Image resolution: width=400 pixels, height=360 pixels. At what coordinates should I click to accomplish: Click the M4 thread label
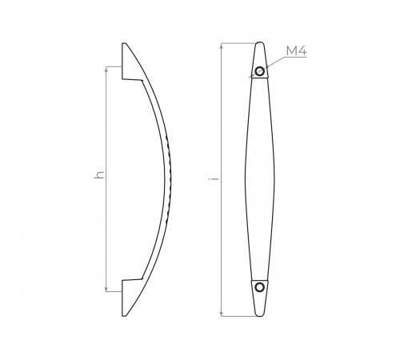coord(296,50)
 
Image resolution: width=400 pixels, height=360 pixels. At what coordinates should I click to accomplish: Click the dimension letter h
coord(99,175)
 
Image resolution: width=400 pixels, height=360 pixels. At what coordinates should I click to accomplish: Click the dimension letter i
coord(214,178)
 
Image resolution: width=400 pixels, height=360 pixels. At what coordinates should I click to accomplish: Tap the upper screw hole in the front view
coord(259,71)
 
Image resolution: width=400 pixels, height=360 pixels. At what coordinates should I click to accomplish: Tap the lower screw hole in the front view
coord(259,287)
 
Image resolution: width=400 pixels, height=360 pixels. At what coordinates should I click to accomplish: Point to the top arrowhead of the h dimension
coord(106,70)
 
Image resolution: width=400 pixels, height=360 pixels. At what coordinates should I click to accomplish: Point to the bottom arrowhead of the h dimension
coord(106,289)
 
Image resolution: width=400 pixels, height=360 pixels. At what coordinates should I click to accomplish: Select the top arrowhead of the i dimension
coord(221,46)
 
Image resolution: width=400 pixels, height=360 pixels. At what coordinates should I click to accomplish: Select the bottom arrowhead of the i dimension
coord(221,313)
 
